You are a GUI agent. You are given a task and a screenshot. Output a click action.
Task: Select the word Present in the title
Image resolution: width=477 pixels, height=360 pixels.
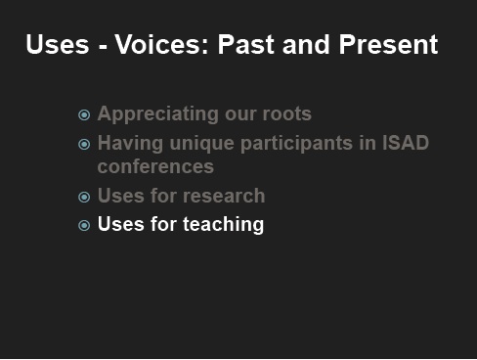tap(388, 44)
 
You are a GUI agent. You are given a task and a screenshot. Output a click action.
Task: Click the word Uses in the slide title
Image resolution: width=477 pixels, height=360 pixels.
tap(58, 44)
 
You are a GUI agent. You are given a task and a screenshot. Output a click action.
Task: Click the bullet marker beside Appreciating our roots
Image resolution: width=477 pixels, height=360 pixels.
tap(84, 114)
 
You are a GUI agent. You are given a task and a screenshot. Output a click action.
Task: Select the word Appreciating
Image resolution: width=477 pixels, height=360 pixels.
tap(158, 114)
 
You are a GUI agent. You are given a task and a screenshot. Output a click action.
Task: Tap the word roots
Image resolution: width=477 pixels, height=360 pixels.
tap(287, 114)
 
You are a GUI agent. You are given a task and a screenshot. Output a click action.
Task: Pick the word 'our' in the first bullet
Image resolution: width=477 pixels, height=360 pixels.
tap(240, 114)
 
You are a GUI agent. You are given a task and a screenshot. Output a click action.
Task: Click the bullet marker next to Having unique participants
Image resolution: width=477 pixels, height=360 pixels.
tap(84, 144)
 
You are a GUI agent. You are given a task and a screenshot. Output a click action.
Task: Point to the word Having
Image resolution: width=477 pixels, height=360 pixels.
tap(130, 144)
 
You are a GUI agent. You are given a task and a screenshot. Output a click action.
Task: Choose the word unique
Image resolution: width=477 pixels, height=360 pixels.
tap(202, 144)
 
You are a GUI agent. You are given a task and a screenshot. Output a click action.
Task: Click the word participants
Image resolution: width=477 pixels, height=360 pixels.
tap(297, 144)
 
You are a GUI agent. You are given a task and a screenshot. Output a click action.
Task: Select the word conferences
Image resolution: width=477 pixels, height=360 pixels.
tap(155, 166)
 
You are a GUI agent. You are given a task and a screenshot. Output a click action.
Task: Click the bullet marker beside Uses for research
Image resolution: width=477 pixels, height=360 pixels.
tap(84, 197)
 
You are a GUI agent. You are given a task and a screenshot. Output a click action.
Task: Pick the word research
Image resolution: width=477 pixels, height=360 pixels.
tap(224, 196)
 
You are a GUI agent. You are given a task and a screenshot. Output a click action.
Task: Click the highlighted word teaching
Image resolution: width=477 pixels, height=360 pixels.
tap(223, 225)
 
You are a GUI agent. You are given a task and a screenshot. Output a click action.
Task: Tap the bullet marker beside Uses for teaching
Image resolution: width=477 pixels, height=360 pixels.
tap(84, 225)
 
